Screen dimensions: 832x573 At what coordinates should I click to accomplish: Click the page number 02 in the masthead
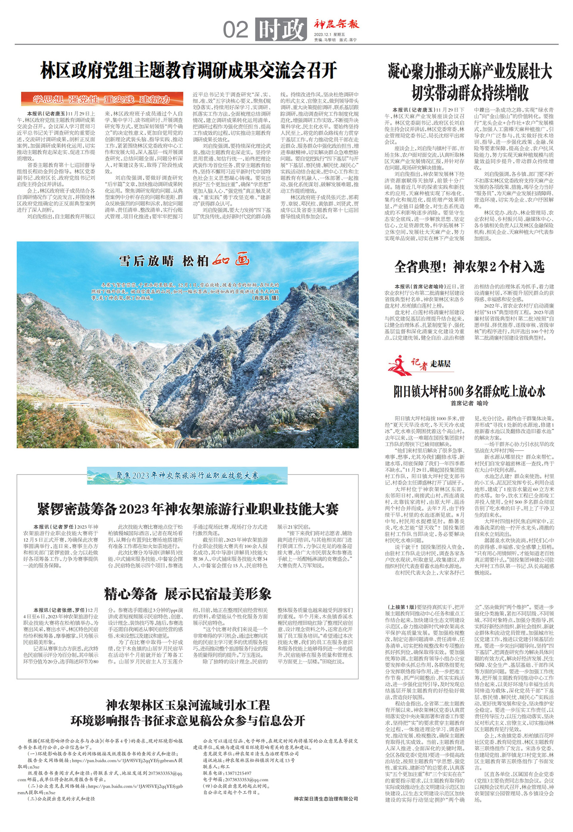236,30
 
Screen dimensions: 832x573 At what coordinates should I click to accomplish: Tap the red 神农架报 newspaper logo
336,24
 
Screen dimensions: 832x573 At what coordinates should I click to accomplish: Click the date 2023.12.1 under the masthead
323,34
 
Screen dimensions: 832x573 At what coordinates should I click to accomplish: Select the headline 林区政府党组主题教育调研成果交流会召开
188,71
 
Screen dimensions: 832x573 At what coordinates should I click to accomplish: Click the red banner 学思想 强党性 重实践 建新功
101,99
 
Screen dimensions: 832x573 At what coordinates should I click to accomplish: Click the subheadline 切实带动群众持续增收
470,92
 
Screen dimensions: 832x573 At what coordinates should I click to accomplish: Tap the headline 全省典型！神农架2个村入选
470,267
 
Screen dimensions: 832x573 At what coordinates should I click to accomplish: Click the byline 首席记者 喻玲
470,404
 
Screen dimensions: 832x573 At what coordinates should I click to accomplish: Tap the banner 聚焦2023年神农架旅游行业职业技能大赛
187,475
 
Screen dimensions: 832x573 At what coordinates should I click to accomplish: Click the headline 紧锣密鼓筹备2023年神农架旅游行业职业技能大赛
188,509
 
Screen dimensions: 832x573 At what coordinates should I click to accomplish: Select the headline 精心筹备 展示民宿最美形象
188,594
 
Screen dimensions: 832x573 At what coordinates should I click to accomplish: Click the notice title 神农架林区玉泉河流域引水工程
188,705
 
